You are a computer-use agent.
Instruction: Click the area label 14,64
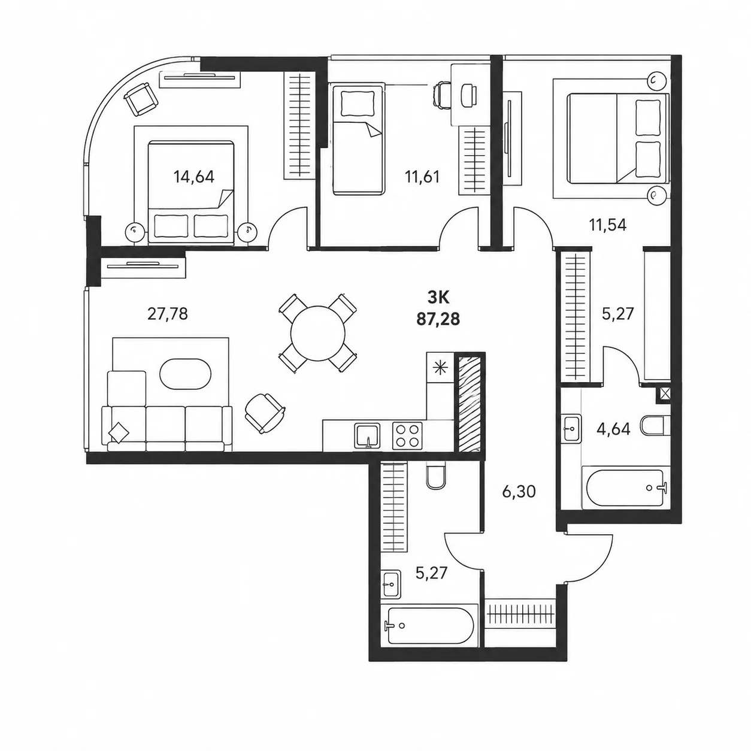click(194, 177)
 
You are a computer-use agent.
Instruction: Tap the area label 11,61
click(422, 177)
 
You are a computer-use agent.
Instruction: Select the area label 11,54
click(608, 225)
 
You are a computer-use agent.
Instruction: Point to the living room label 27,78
click(168, 314)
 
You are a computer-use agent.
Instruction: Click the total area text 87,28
click(438, 319)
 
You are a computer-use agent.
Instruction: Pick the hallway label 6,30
click(519, 492)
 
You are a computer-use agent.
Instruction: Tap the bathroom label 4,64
click(613, 429)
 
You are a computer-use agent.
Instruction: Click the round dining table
click(318, 333)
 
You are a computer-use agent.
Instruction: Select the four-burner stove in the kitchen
click(407, 435)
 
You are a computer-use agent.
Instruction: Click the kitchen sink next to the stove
click(367, 436)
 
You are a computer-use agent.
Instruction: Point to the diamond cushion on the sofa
click(119, 432)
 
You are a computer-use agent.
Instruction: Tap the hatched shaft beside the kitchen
click(470, 404)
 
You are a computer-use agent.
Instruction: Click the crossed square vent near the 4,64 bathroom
click(664, 395)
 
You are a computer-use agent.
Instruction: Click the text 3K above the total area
click(438, 298)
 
